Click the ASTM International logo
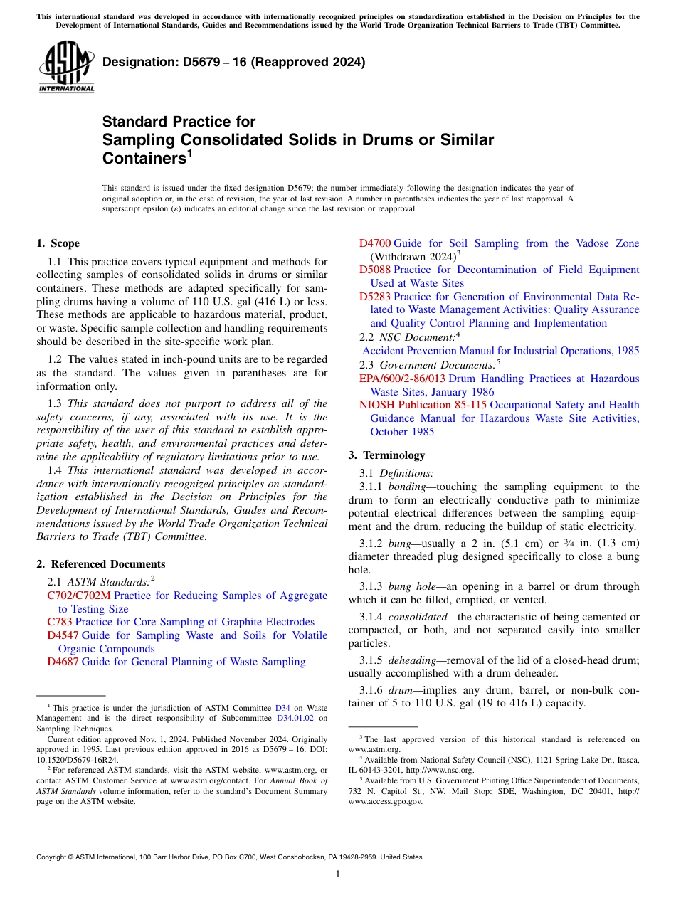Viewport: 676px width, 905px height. point(66,68)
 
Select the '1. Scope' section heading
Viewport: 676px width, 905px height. point(58,243)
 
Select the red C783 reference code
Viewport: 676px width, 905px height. point(60,622)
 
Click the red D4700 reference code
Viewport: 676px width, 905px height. point(375,243)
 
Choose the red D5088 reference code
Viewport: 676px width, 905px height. point(375,270)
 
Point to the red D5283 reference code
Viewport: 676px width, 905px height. point(375,297)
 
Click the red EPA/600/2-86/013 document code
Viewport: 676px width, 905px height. point(402,379)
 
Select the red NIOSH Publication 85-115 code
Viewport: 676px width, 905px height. point(423,405)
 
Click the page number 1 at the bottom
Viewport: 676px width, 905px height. point(338,874)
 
